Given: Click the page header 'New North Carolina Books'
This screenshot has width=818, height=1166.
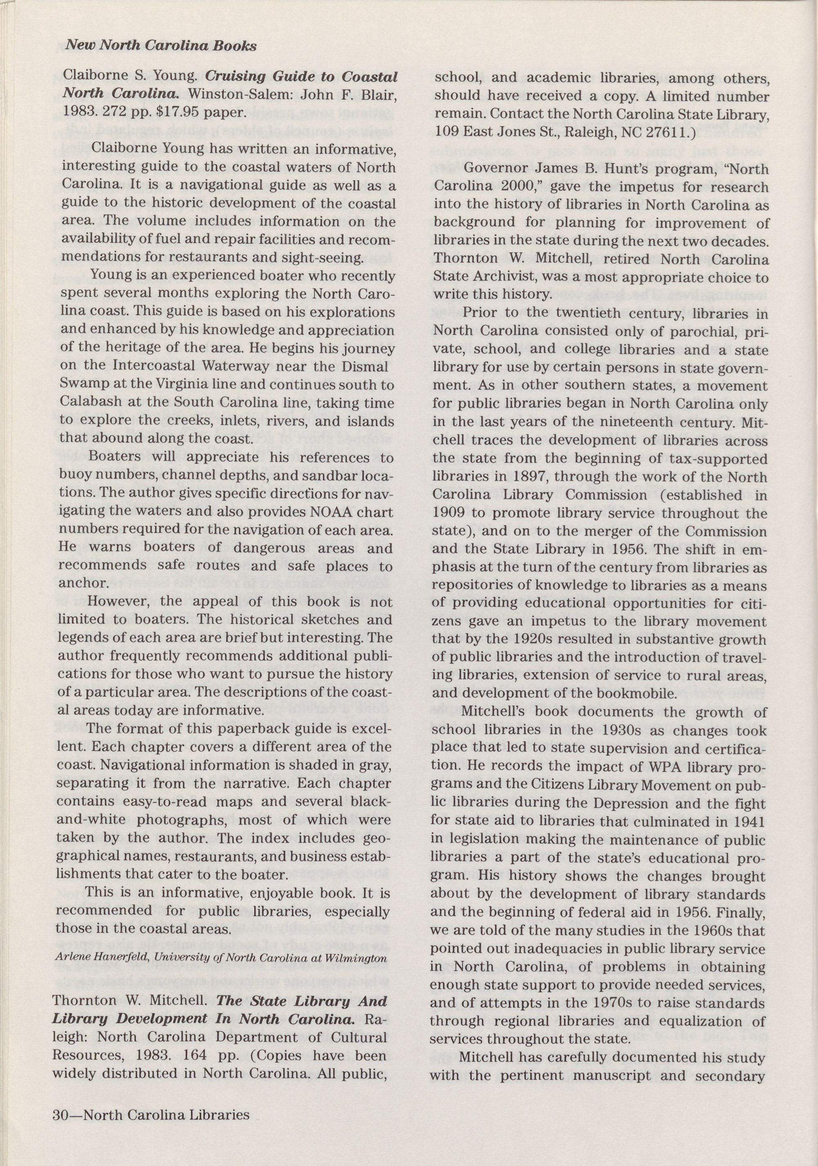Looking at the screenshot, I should coord(161,46).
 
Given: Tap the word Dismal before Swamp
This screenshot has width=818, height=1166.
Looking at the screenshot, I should coord(363,367).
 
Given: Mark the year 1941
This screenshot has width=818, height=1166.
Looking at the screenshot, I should coord(748,822).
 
